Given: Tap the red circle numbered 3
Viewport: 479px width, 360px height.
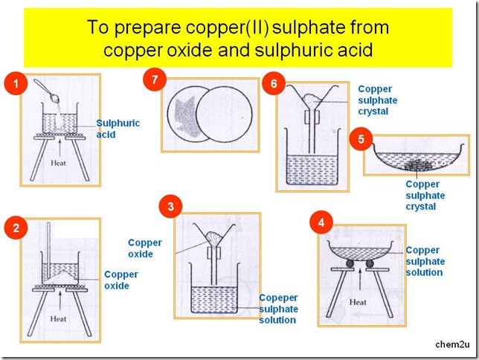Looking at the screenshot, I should [173, 207].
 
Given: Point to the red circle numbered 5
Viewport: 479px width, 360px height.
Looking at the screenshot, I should [361, 139].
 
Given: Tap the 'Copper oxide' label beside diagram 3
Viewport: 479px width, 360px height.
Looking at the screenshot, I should [144, 248].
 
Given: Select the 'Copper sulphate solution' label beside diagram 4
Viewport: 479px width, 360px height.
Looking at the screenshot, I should [425, 261].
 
